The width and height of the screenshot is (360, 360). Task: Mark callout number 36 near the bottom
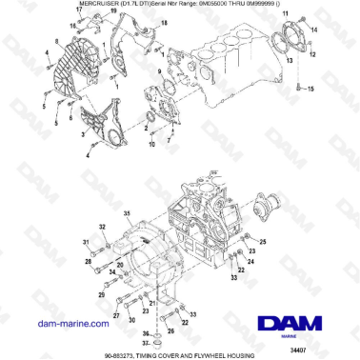pos(146,333)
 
